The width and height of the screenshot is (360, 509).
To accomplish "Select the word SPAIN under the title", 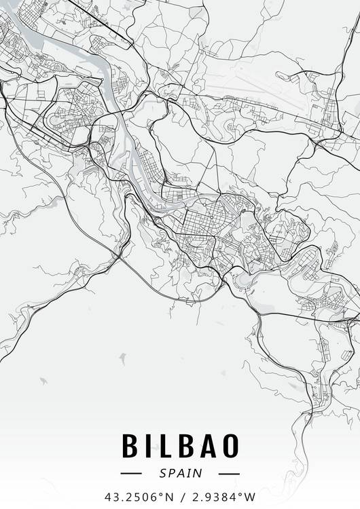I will tap(180, 473).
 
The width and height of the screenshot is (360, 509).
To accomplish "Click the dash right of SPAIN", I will tap(230, 473).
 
